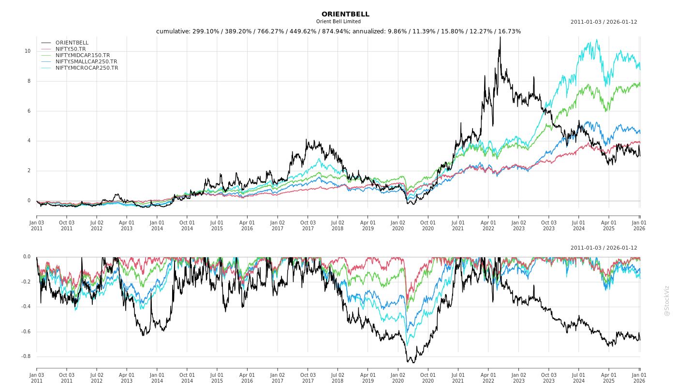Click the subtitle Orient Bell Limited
tap(338, 22)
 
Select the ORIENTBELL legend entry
tap(72, 43)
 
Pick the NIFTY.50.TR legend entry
tap(71, 49)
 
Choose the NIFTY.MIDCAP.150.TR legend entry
tap(83, 56)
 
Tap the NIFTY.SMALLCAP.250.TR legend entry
tap(86, 62)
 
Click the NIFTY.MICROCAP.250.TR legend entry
tap(87, 68)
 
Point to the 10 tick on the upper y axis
tap(28, 51)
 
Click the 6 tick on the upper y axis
tap(29, 111)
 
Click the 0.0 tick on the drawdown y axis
tap(26, 257)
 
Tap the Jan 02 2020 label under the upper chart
tap(398, 225)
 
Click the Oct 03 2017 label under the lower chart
tap(308, 378)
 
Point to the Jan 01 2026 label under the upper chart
tap(639, 225)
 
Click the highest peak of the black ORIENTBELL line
tap(500, 37)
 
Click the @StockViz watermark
tap(667, 300)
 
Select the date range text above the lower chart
tap(603, 248)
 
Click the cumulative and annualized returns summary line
tap(338, 31)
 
